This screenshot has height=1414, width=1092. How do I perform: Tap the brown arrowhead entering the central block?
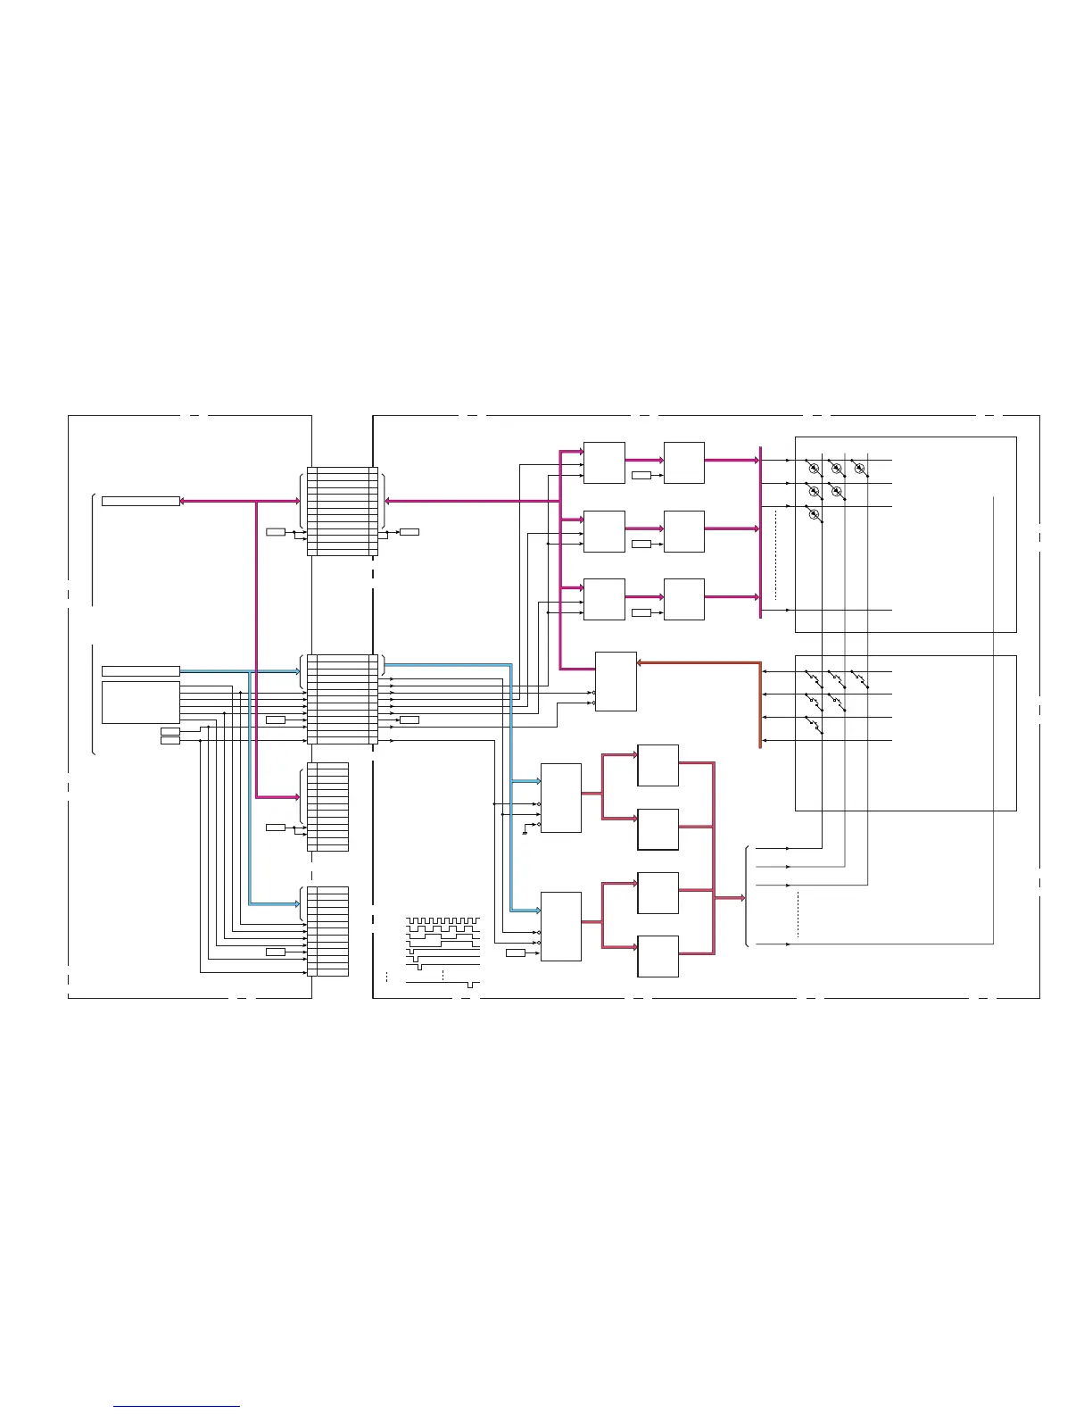coord(641,662)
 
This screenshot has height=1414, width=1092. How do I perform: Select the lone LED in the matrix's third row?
coord(814,513)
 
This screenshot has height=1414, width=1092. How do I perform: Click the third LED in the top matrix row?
coord(859,467)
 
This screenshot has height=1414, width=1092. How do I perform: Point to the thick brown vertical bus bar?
coord(760,705)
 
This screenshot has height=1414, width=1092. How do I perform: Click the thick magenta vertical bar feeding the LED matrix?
coord(760,532)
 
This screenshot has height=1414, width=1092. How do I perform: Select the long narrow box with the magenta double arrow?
coord(140,501)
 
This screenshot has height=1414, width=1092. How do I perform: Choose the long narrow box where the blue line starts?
coord(140,670)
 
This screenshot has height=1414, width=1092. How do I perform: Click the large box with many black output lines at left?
coord(140,703)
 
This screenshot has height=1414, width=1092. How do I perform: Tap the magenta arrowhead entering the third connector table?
coord(297,796)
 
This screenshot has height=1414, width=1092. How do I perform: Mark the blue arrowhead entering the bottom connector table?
coord(297,903)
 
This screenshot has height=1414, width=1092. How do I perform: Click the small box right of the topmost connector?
coord(409,532)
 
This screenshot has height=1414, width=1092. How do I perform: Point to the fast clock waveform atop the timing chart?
coord(443,919)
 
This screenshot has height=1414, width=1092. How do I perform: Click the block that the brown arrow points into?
coord(616,681)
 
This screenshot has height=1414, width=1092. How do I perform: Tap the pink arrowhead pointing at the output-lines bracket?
coord(741,898)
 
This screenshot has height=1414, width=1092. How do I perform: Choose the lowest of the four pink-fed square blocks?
coord(658,956)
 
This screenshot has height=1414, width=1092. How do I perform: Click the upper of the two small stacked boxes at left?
coord(170,731)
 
